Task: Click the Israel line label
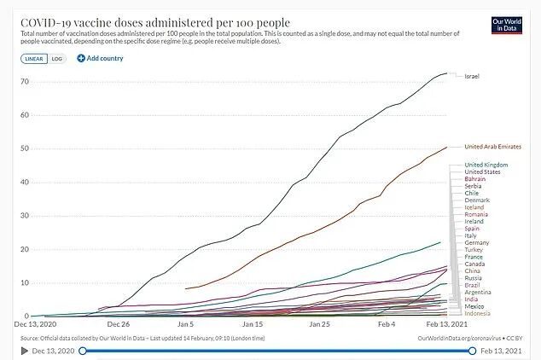[x=471, y=77]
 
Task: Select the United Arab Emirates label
[x=492, y=147]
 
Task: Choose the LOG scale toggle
[x=56, y=58]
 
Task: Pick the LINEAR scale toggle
[x=34, y=58]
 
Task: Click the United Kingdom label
[x=486, y=164]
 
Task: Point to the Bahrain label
[x=475, y=179]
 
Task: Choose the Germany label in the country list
[x=476, y=242]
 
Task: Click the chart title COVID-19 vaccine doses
[x=154, y=20]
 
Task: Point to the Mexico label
[x=474, y=305]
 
